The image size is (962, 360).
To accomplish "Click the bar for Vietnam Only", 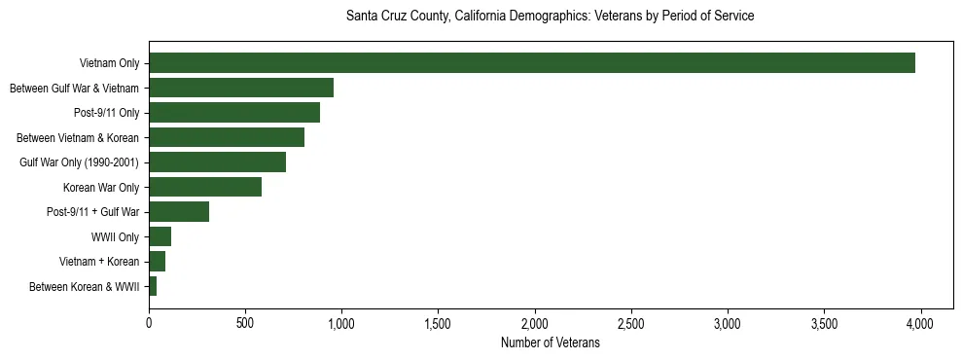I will coord(532,63).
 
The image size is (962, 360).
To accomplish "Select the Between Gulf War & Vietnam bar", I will coord(241,88).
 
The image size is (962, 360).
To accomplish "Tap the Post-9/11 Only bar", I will coord(234,113).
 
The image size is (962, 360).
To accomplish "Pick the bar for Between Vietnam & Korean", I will coord(227,137).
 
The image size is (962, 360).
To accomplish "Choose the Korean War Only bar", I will coord(205,187).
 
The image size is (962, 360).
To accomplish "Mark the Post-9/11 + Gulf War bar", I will coord(179,211).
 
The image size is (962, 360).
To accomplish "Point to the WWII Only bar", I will coord(160,236).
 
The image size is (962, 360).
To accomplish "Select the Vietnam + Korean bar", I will coord(157,261).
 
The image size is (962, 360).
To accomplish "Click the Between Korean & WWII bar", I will coord(153,286).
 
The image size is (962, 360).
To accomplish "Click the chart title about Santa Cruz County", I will coord(551,17).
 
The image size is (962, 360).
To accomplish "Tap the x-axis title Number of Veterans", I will coord(551,343).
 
